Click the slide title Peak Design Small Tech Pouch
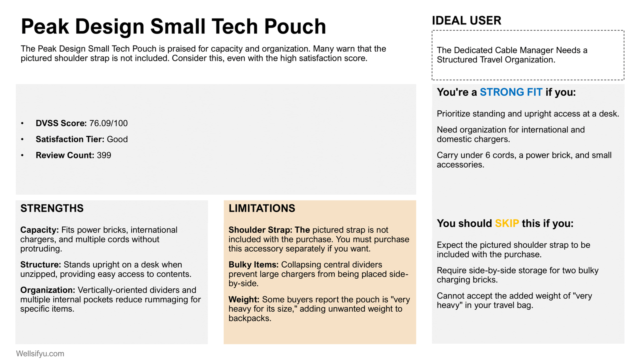click(173, 26)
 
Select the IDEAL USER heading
click(466, 20)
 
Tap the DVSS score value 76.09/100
click(108, 123)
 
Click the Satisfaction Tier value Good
click(117, 139)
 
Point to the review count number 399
click(104, 155)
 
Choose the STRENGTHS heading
click(52, 208)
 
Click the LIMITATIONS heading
click(262, 208)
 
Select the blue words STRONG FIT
click(511, 92)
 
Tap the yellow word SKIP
click(507, 224)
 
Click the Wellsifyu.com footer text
click(40, 354)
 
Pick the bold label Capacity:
click(40, 230)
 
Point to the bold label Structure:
click(41, 265)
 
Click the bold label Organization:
click(48, 290)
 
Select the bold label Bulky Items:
click(254, 265)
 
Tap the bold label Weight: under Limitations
click(244, 300)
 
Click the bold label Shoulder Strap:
click(260, 230)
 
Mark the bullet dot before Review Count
click(22, 156)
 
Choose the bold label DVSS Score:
click(61, 123)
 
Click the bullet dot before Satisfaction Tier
click(22, 140)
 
